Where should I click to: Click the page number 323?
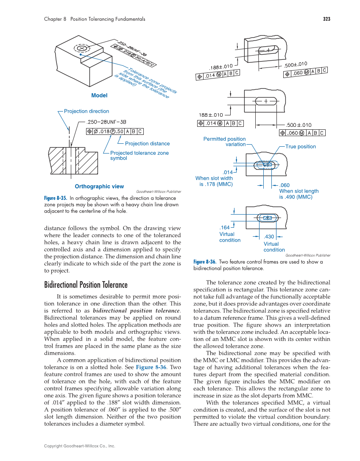tap(326, 19)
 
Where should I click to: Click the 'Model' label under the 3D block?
tap(99, 95)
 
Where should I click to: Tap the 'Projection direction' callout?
tap(87, 111)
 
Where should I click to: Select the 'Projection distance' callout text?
tap(147, 144)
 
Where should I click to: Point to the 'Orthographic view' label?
tap(99, 186)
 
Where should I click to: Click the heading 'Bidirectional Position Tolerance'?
tap(86, 285)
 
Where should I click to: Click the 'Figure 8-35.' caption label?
tap(56, 198)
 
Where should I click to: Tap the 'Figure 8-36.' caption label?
tap(205, 262)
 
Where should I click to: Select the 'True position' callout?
tap(300, 147)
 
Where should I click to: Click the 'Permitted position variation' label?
tap(225, 142)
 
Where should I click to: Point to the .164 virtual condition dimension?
tap(224, 228)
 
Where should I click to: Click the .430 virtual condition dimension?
tap(269, 237)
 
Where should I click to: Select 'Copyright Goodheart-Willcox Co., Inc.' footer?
tap(80, 446)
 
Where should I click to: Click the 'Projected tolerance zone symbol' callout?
tap(139, 155)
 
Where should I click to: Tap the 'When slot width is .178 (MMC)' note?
tap(214, 181)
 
